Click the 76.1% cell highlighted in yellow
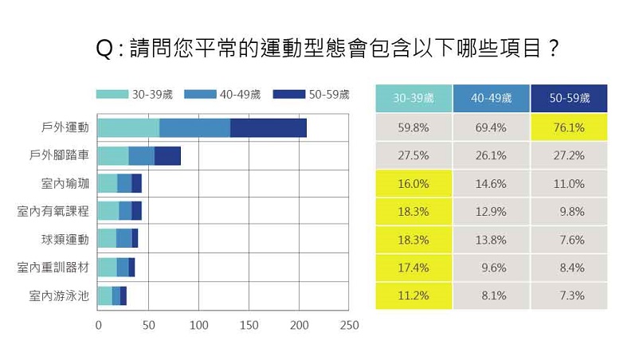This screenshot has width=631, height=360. pyautogui.click(x=569, y=127)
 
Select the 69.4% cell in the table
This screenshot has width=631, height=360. pyautogui.click(x=490, y=127)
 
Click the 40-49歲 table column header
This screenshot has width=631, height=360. pyautogui.click(x=490, y=98)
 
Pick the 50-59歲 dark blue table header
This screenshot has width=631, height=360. pyautogui.click(x=569, y=98)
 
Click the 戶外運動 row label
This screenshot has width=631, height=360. pyautogui.click(x=65, y=127)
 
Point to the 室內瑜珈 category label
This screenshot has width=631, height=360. pyautogui.click(x=65, y=183)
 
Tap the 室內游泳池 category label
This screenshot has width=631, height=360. pyautogui.click(x=59, y=295)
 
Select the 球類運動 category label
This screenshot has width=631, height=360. pyautogui.click(x=65, y=239)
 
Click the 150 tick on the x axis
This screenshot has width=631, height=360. pyautogui.click(x=249, y=326)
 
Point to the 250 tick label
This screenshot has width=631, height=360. pyautogui.click(x=349, y=326)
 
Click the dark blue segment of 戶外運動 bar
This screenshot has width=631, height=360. pyautogui.click(x=268, y=127)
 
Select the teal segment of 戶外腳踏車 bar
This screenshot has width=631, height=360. pyautogui.click(x=112, y=155)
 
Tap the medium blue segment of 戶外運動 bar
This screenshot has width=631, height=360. pyautogui.click(x=194, y=127)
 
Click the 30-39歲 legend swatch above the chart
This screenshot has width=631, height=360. pyautogui.click(x=111, y=95)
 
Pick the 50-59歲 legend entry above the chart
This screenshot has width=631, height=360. pyautogui.click(x=311, y=95)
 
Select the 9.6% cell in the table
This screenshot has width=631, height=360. pyautogui.click(x=490, y=268)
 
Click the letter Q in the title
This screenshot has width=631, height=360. pyautogui.click(x=104, y=49)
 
